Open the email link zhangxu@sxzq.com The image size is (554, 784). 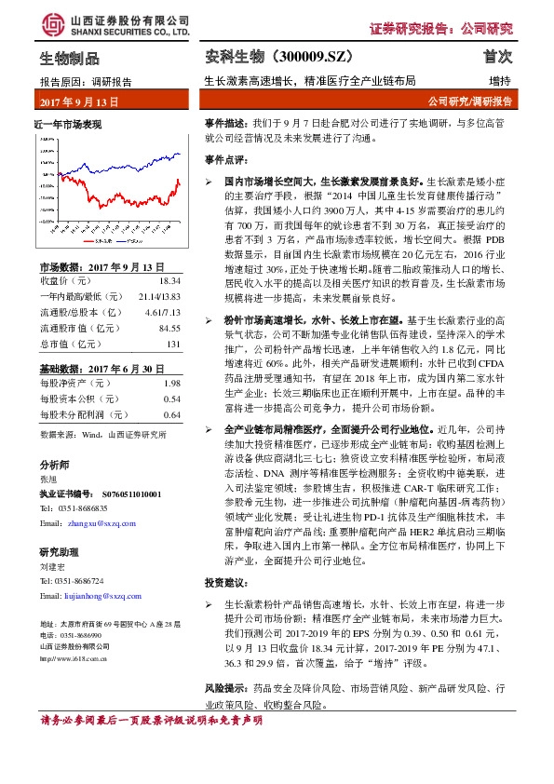tap(93, 524)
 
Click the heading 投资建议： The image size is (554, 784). tap(226, 582)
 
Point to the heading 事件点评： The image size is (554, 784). tap(226, 159)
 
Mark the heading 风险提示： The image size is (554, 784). tap(226, 686)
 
